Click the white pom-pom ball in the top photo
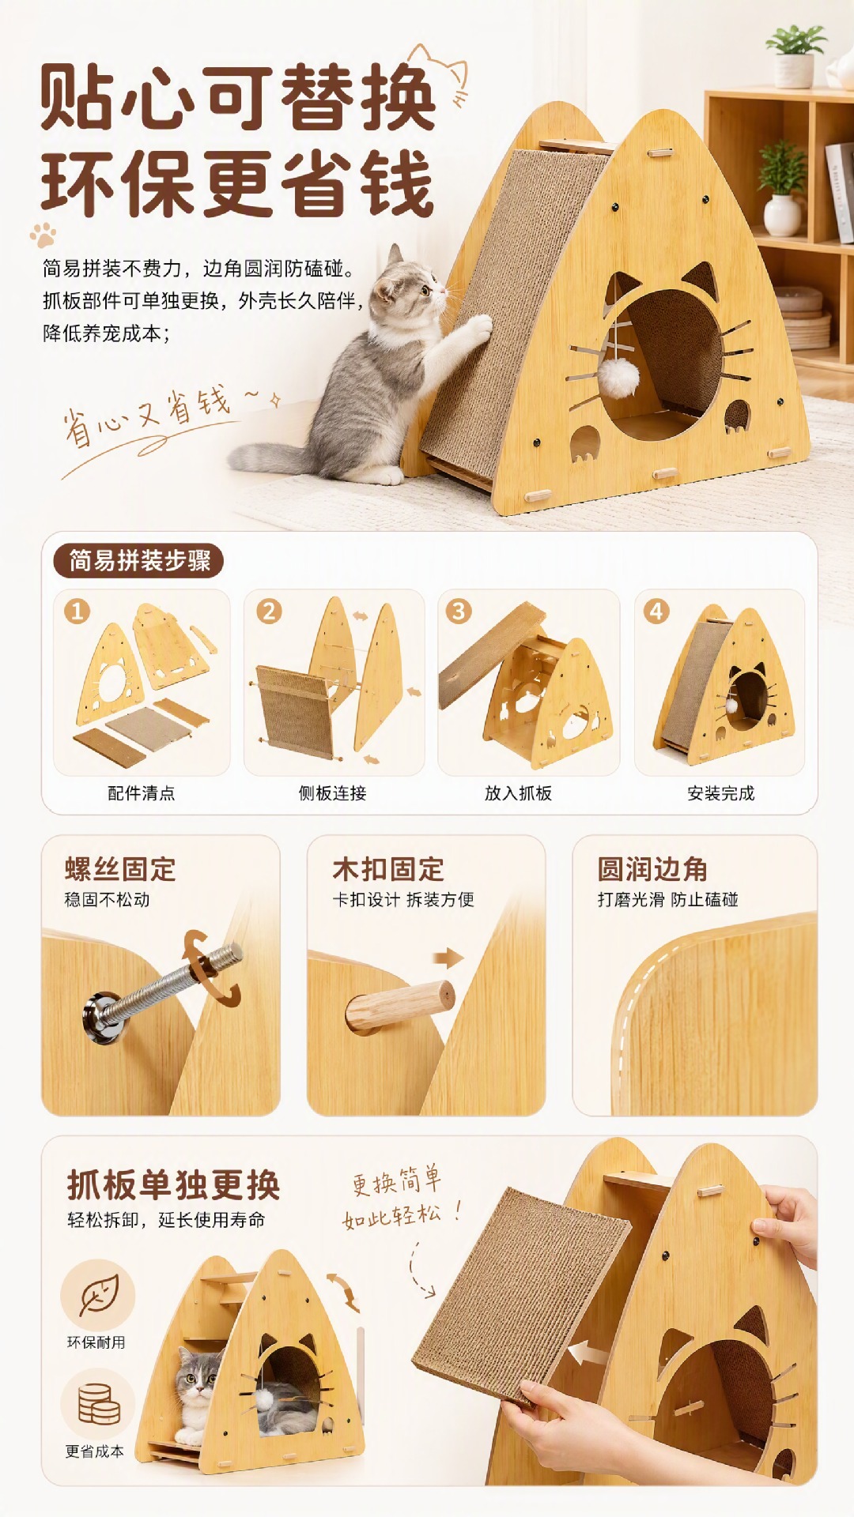[x=618, y=378]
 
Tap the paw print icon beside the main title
[x=43, y=235]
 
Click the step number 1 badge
[x=77, y=611]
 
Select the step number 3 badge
[x=459, y=611]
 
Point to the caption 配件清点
[x=142, y=793]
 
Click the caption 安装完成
[x=721, y=793]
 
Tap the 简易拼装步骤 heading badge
[x=138, y=561]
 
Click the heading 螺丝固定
[x=120, y=869]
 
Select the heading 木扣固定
[x=388, y=869]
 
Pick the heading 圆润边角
[x=652, y=869]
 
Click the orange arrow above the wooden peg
[x=448, y=958]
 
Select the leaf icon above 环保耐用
[x=98, y=1295]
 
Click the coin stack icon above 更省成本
[x=98, y=1404]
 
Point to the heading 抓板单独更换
[x=174, y=1185]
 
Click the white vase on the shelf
[x=783, y=215]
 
